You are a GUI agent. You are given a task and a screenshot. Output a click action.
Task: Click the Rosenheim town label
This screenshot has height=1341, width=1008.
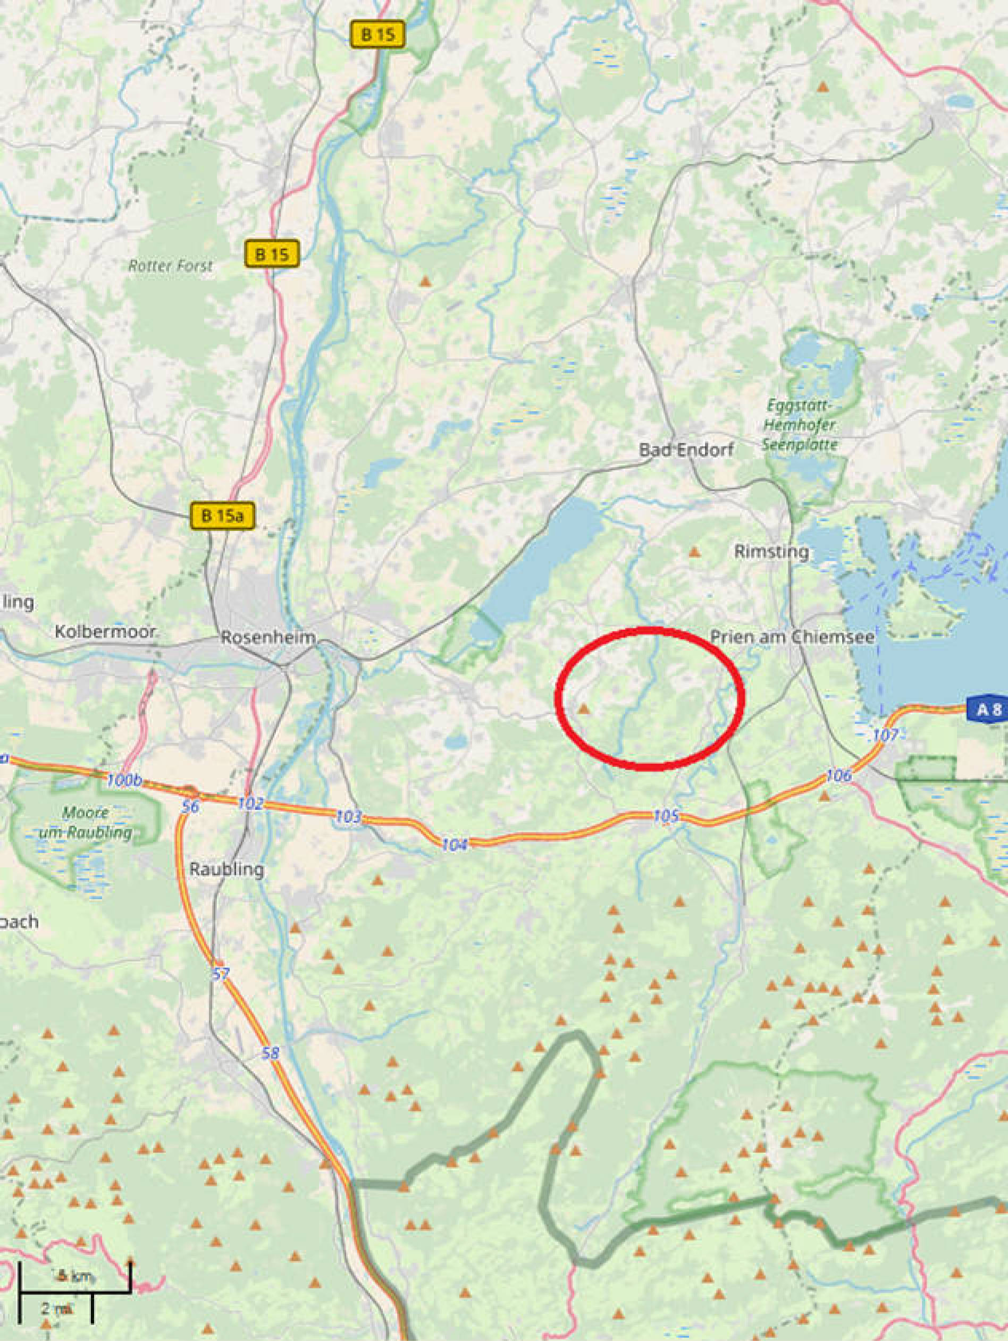tap(268, 637)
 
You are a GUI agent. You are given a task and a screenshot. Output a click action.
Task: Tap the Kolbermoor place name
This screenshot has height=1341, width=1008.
tap(105, 632)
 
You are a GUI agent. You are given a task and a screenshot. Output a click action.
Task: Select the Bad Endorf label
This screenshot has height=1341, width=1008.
tap(686, 450)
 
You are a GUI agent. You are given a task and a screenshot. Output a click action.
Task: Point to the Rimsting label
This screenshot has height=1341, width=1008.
tap(771, 552)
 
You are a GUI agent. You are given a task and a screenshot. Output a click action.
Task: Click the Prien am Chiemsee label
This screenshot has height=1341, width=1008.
tap(793, 637)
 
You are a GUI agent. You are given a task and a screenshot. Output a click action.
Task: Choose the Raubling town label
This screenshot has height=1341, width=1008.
tap(226, 870)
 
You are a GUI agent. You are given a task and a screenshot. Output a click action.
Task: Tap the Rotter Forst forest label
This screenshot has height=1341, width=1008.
tap(171, 266)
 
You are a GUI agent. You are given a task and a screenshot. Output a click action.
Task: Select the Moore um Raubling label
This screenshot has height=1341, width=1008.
tap(86, 823)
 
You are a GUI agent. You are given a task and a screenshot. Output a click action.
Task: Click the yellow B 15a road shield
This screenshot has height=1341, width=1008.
tap(222, 516)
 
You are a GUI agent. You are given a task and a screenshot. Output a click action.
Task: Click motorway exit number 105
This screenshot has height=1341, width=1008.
tap(666, 816)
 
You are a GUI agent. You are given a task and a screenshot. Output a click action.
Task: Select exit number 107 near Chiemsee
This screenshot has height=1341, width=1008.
tap(885, 736)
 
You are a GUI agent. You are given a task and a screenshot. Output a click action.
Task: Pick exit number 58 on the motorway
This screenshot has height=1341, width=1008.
tap(271, 1053)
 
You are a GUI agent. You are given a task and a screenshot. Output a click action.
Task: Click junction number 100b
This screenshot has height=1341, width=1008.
tap(124, 780)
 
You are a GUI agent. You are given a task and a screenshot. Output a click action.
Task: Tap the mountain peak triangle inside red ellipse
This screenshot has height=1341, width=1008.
tap(583, 708)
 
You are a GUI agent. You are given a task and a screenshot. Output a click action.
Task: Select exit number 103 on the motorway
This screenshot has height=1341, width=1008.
tap(349, 817)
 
